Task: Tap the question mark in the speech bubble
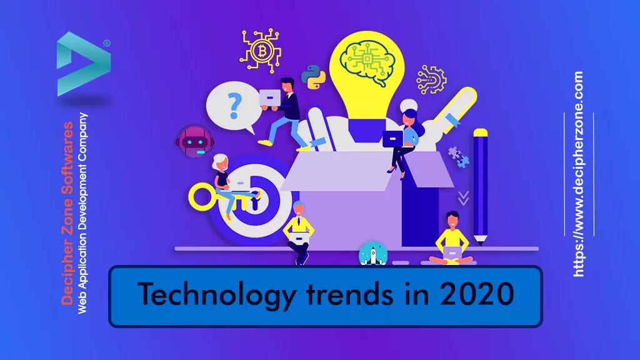pos(234,106)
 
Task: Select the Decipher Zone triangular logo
pos(82,64)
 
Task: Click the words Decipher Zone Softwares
pos(67,212)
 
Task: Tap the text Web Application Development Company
pos(81,212)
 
